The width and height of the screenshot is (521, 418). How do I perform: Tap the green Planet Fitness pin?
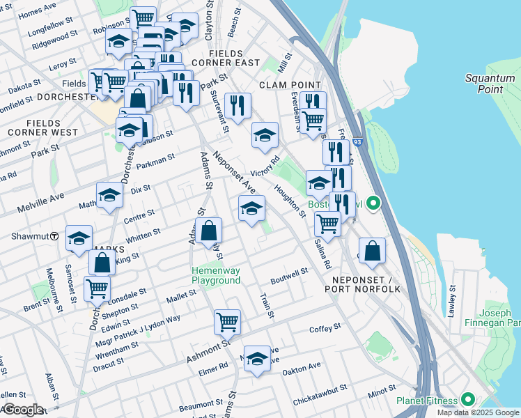pyautogui.click(x=467, y=400)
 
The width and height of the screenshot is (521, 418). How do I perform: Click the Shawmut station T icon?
pyautogui.click(x=54, y=236)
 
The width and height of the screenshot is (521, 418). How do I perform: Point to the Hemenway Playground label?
pyautogui.click(x=216, y=275)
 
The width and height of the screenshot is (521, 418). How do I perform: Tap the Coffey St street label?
pyautogui.click(x=325, y=327)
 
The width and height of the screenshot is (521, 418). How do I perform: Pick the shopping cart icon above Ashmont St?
pyautogui.click(x=227, y=322)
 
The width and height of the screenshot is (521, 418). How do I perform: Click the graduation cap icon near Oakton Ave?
pyautogui.click(x=257, y=358)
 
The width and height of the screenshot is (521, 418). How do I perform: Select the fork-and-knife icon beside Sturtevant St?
pyautogui.click(x=238, y=105)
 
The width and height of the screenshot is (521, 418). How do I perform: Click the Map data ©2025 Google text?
pyautogui.click(x=478, y=412)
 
